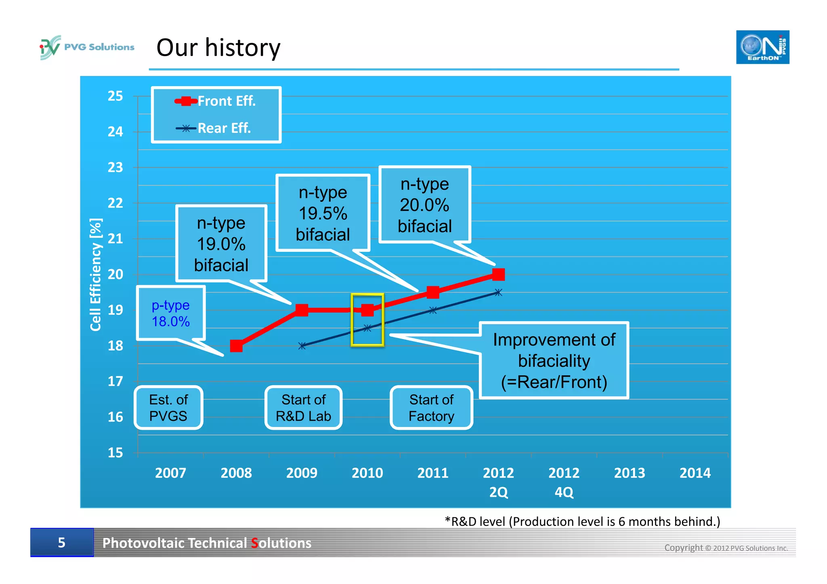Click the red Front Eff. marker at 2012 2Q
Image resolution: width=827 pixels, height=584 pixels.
[x=498, y=274]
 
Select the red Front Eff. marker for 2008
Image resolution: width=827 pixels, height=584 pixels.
[x=236, y=346]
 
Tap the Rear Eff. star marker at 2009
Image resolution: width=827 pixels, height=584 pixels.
[x=302, y=346]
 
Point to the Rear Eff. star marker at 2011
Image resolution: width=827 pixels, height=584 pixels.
[x=433, y=310]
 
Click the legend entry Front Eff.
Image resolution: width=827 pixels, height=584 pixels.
[x=215, y=101]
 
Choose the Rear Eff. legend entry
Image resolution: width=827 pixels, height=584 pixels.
[x=214, y=128]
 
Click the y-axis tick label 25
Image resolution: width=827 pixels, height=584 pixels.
[x=115, y=96]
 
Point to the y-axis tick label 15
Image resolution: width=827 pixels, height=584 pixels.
[x=115, y=452]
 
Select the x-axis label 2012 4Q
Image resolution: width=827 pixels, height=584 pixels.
[x=564, y=482]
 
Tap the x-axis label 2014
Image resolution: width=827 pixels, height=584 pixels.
[x=695, y=473]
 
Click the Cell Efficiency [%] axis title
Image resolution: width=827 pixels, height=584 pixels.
[x=96, y=274]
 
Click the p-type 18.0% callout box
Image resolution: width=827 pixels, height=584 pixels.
[x=171, y=313]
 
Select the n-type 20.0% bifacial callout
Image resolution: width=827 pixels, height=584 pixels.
[x=424, y=205]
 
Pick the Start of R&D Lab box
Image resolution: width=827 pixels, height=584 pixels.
[x=303, y=408]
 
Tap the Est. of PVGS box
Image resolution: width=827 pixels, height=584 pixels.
[x=168, y=408]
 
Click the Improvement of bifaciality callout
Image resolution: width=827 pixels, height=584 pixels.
[x=554, y=360]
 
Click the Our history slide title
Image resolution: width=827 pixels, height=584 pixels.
[x=218, y=48]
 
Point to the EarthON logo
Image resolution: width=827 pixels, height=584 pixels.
[x=762, y=47]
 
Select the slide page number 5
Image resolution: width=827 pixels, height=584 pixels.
[x=61, y=542]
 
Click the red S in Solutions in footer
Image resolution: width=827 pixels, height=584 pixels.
[x=254, y=543]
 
